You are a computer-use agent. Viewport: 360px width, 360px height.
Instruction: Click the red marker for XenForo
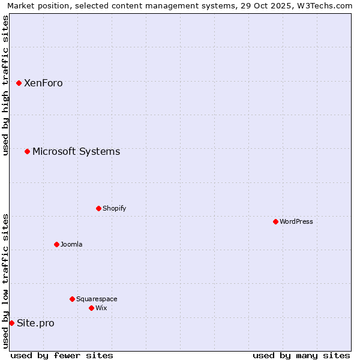click(19, 83)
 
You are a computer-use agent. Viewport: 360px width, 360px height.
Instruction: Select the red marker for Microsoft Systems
click(28, 151)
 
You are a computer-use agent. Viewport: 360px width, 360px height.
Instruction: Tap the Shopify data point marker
click(99, 208)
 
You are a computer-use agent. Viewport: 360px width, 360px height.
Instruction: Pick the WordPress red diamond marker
click(276, 221)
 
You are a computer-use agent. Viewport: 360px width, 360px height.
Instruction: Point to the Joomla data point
click(57, 244)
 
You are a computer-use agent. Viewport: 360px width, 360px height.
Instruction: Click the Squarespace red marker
click(73, 299)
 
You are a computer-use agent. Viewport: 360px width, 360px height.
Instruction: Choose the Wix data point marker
click(92, 308)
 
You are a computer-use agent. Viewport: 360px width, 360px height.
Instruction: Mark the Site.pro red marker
click(12, 323)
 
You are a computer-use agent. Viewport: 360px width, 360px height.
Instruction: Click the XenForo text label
click(43, 83)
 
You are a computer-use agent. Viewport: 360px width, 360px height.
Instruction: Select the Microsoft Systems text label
click(76, 151)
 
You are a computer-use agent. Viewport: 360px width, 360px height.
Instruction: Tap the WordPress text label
click(296, 221)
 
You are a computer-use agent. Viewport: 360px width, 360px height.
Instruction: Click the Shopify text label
click(114, 208)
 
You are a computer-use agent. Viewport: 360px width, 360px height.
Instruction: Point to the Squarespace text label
click(97, 299)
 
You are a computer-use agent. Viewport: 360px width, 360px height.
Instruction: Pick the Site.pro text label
click(35, 323)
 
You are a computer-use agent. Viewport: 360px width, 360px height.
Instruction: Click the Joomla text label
click(71, 244)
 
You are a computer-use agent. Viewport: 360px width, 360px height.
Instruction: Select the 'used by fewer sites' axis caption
click(62, 355)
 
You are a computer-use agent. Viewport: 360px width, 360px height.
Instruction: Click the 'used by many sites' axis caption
click(301, 355)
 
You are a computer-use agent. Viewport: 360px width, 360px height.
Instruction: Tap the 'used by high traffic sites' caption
click(6, 85)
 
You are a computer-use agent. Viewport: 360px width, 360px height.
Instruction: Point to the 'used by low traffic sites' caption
click(6, 281)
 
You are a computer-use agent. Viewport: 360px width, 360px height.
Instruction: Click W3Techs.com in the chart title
click(325, 5)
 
